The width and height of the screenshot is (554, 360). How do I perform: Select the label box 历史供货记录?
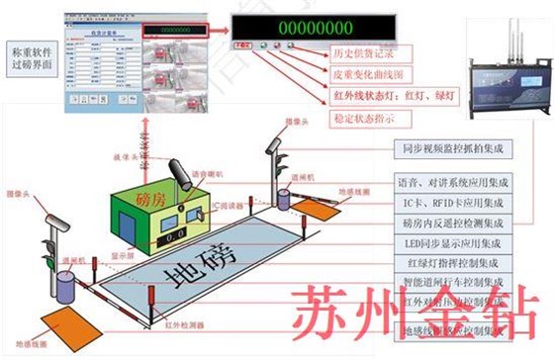[363, 51]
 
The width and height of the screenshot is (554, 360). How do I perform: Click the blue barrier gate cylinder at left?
[66, 287]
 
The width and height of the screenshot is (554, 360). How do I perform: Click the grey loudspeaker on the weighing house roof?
[183, 175]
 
